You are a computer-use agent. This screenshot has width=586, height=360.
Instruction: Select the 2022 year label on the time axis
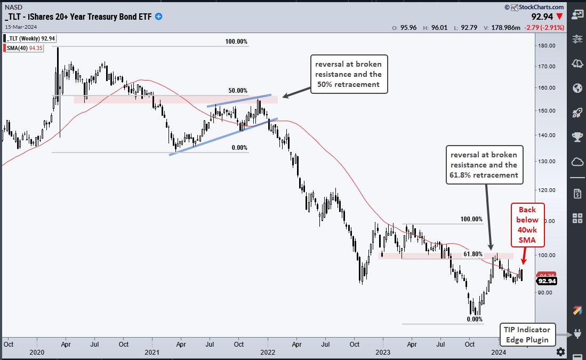click(267, 352)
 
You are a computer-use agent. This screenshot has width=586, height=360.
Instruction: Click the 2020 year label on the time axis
click(37, 352)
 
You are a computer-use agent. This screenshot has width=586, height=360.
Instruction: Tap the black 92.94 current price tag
click(547, 281)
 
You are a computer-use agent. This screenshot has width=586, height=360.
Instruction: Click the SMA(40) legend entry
click(29, 48)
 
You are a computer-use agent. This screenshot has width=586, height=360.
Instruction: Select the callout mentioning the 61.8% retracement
click(484, 165)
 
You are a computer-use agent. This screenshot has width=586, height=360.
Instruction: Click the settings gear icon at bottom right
click(560, 351)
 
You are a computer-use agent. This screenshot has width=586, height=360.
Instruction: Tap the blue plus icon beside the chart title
click(158, 17)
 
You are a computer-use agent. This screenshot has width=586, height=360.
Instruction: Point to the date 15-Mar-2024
click(20, 27)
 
